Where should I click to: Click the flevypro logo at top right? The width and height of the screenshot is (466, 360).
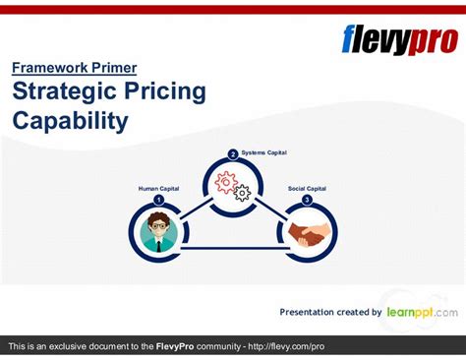pyautogui.click(x=398, y=39)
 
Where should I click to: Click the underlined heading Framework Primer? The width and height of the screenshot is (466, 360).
pyautogui.click(x=75, y=68)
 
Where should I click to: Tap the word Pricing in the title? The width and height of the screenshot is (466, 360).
pyautogui.click(x=168, y=92)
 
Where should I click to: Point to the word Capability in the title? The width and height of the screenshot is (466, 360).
pyautogui.click(x=70, y=121)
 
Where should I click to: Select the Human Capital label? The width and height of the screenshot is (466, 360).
pyautogui.click(x=158, y=188)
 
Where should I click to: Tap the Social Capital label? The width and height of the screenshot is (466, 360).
pyautogui.click(x=307, y=188)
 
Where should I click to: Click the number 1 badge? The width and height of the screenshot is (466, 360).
pyautogui.click(x=157, y=200)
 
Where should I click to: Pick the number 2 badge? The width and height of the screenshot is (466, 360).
pyautogui.click(x=233, y=154)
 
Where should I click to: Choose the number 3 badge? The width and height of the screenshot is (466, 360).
pyautogui.click(x=307, y=200)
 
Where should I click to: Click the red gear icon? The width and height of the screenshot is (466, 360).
pyautogui.click(x=225, y=182)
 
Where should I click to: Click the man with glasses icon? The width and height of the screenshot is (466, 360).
pyautogui.click(x=157, y=231)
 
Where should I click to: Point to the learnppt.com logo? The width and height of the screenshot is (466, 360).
pyautogui.click(x=422, y=312)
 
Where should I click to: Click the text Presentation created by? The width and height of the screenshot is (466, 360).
pyautogui.click(x=330, y=313)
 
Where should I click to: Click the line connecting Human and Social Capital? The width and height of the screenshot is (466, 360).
pyautogui.click(x=232, y=248)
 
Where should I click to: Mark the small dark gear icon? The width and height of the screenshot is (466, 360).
pyautogui.click(x=242, y=193)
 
